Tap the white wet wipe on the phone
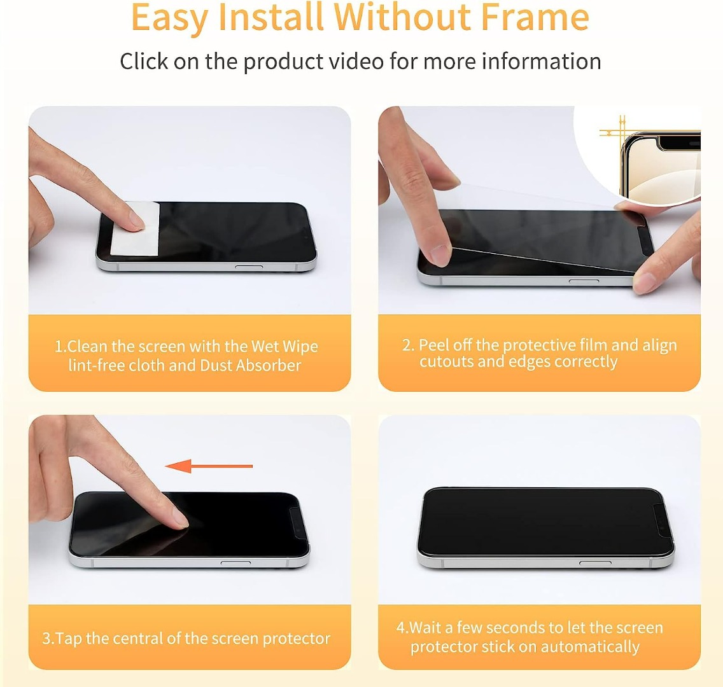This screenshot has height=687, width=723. (135, 228)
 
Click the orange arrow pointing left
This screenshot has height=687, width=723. (208, 466)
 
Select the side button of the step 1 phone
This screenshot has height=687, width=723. (248, 267)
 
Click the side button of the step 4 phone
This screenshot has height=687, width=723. (595, 562)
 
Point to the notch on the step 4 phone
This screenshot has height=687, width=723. (662, 521)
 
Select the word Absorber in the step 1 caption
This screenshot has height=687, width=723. (269, 365)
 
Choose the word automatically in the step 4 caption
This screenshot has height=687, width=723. (590, 647)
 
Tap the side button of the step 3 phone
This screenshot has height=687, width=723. (235, 562)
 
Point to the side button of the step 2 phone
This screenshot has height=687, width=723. (584, 281)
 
